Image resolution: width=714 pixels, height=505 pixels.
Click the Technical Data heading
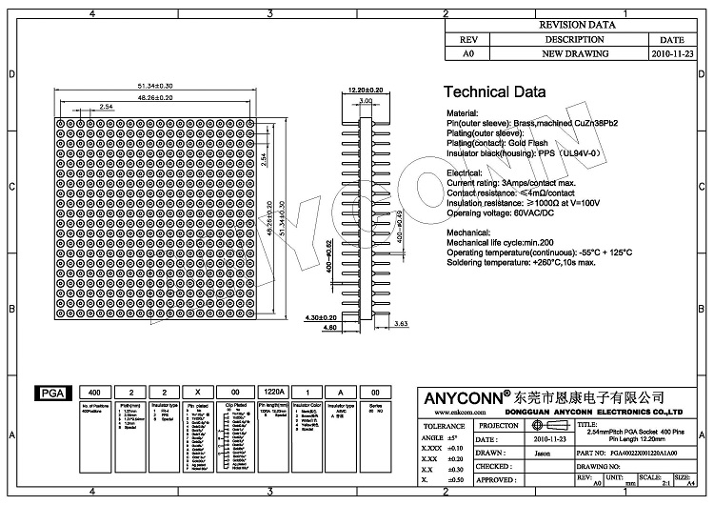pos(495,92)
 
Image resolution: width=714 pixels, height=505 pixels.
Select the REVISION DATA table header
pos(577,26)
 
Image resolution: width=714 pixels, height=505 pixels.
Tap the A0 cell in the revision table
pos(467,54)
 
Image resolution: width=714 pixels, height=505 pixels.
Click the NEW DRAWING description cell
pos(574,54)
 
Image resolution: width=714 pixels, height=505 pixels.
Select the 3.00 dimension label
pos(366,100)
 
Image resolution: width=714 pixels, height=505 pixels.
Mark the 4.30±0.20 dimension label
pos(322,316)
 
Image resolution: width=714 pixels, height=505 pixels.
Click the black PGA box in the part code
pos(48,393)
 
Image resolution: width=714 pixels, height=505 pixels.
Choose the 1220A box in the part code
pos(273,393)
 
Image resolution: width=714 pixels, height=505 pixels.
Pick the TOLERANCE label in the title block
pos(444,425)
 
